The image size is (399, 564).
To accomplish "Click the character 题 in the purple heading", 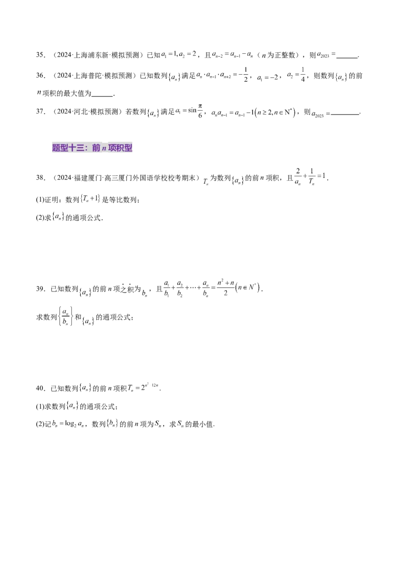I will pyautogui.click(x=56, y=148).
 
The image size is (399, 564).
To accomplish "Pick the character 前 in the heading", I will pyautogui.click(x=96, y=148).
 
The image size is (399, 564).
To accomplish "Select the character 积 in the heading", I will pyautogui.click(x=120, y=148).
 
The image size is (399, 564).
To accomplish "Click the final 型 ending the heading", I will pyautogui.click(x=128, y=148).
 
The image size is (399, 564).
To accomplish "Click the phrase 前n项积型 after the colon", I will pyautogui.click(x=112, y=148).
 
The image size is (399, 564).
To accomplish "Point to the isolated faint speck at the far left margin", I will pyautogui.click(x=41, y=93).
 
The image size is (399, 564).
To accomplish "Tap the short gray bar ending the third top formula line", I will pyautogui.click(x=305, y=118).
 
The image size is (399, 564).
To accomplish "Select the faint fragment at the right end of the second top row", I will pyautogui.click(x=341, y=77).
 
